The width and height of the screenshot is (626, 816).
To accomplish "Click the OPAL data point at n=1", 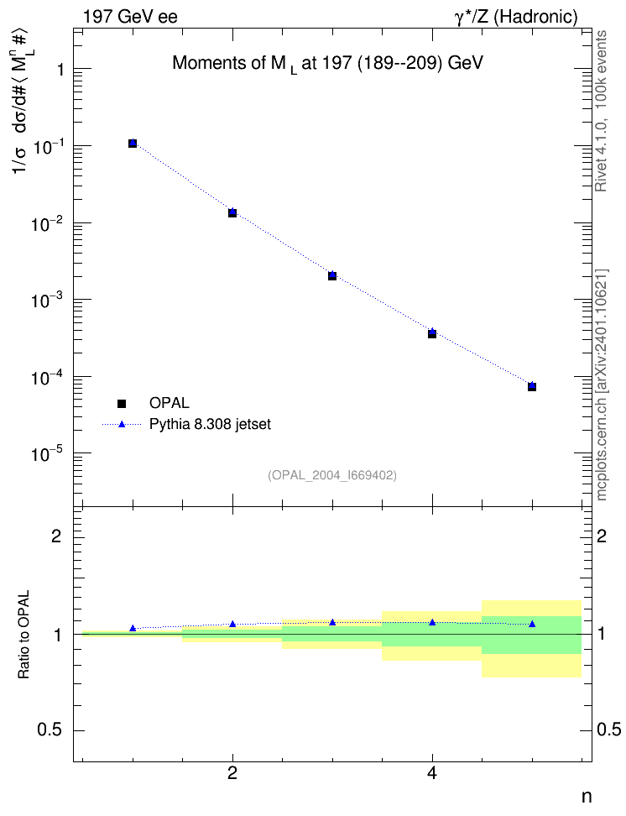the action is [133, 144].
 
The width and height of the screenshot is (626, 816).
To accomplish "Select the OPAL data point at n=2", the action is [232, 213].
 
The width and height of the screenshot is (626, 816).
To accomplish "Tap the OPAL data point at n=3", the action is [332, 276].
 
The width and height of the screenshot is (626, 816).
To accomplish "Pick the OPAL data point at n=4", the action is [432, 334].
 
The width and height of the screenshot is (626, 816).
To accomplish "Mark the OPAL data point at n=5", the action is [532, 387].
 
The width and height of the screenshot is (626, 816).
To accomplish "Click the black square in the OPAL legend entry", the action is [122, 403].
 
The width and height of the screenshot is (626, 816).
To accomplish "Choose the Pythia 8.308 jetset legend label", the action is [211, 425].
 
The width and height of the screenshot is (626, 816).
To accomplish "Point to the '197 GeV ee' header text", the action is [130, 17].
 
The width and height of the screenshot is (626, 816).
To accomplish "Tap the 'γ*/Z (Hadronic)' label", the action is [516, 18].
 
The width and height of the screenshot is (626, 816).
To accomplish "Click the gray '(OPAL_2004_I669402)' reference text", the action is [332, 475].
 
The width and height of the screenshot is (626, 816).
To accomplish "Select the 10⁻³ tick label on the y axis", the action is [47, 299].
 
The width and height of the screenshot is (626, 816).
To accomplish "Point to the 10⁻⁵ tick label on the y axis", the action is [47, 452].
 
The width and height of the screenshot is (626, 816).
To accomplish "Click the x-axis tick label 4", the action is [432, 774].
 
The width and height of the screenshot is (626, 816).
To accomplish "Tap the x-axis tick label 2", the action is [232, 774].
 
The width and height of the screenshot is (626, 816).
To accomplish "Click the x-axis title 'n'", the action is [587, 798].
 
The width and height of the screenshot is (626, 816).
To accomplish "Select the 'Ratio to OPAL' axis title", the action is [24, 635].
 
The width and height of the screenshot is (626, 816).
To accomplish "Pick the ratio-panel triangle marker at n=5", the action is [532, 624].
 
